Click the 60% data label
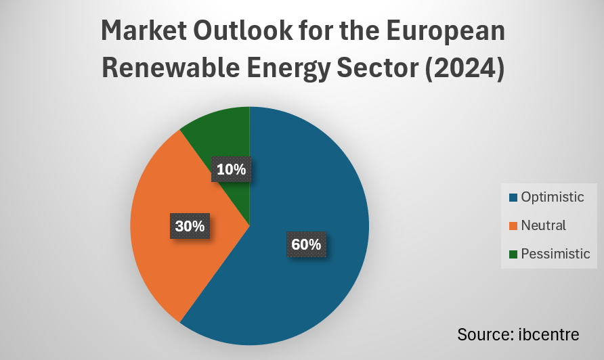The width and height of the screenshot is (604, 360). [306, 244]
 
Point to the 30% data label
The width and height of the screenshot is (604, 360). [190, 226]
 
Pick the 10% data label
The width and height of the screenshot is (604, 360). [232, 169]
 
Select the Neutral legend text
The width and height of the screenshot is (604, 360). [544, 225]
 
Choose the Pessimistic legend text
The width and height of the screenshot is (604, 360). [556, 254]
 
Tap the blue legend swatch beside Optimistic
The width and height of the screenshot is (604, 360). [513, 198]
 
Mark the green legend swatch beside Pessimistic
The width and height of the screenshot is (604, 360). [513, 254]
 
